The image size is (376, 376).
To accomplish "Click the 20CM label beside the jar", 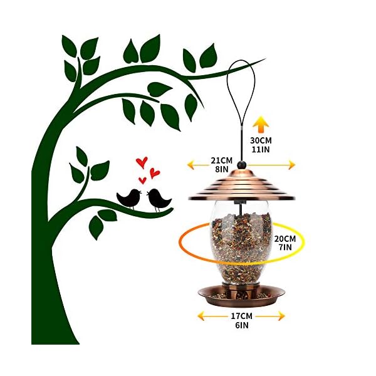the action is coord(285,239).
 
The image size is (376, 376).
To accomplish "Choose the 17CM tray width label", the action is coord(242,316).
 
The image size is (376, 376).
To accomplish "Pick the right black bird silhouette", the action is coord(159,199).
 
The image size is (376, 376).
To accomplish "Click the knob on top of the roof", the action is coord(242,164).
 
